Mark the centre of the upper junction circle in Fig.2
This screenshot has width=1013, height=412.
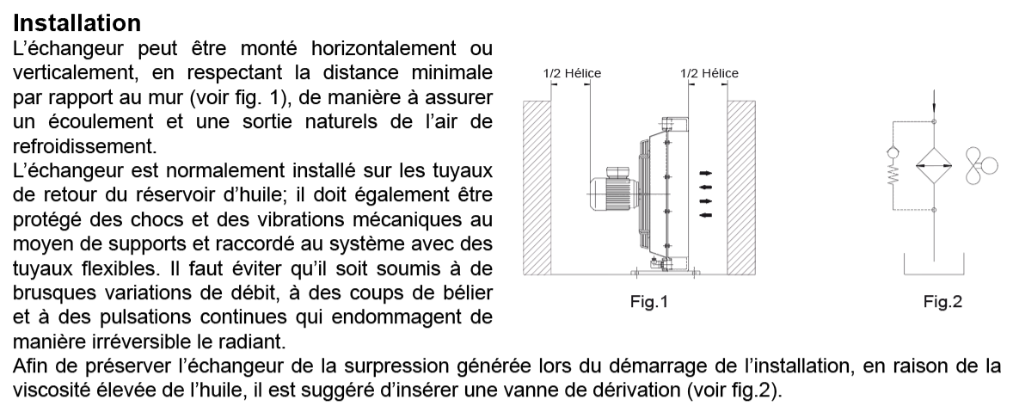[934, 121]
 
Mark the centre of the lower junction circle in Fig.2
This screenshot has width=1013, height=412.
[934, 209]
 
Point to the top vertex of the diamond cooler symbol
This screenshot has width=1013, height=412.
[934, 147]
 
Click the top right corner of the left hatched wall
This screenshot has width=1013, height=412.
[550, 101]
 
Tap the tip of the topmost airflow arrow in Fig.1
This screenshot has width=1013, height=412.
[712, 173]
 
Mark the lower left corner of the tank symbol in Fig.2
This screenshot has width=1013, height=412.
[904, 275]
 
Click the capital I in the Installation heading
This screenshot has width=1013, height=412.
[16, 23]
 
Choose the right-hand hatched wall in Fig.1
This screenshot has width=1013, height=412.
[741, 188]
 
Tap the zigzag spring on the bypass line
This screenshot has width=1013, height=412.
[893, 175]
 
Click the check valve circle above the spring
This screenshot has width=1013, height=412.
[893, 152]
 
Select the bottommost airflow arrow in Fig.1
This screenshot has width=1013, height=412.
[706, 215]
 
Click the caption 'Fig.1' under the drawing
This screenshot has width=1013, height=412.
[648, 302]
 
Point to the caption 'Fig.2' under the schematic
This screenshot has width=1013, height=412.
[942, 302]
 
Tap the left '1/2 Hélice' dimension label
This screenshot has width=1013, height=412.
[573, 73]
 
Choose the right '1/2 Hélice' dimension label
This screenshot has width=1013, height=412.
[709, 73]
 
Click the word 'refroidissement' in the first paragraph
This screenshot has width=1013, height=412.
[84, 146]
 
